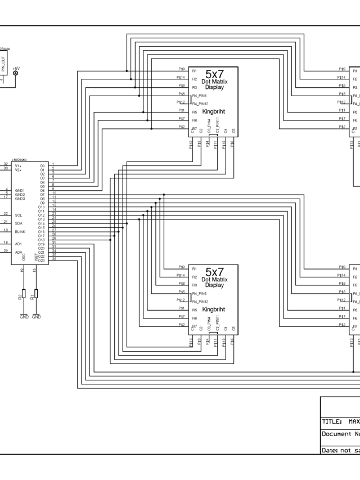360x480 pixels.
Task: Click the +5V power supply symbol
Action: point(15,72)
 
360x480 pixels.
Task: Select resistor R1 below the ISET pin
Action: point(36,293)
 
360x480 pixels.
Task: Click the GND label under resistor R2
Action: point(24,317)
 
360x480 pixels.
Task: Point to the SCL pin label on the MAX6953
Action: point(19,215)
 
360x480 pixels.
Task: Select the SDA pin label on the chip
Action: point(19,223)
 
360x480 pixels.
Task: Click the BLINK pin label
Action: point(20,231)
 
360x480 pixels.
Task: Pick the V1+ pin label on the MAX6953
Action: point(18,165)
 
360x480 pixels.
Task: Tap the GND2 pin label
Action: point(20,194)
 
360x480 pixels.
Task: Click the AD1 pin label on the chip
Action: point(19,244)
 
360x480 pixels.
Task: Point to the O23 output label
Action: point(41,260)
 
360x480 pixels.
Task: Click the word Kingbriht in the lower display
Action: point(213,309)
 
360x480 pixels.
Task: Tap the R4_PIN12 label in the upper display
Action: point(200,104)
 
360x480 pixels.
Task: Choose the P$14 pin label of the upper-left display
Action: point(181,78)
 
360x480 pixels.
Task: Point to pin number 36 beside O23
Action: point(54,259)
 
